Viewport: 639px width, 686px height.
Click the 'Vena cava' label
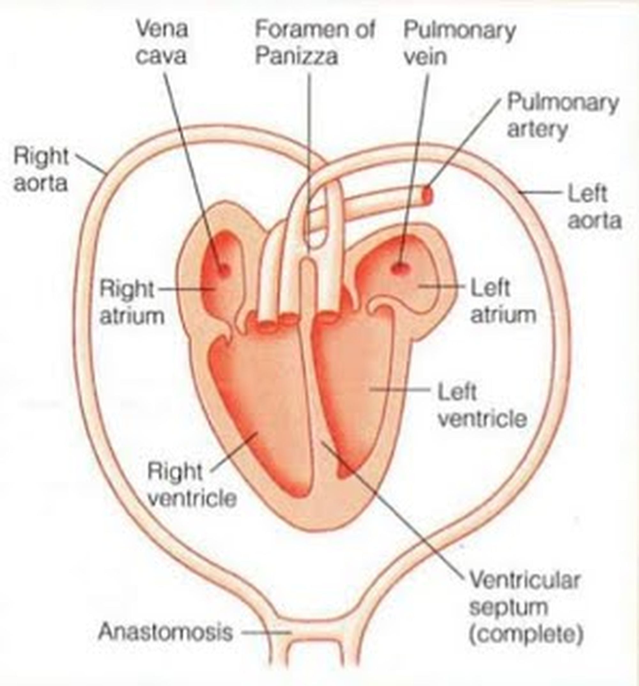point(162,42)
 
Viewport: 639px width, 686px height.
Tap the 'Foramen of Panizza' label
point(314,42)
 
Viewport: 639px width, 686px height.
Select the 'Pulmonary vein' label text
point(459,42)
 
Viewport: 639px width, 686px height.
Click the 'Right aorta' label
point(41,169)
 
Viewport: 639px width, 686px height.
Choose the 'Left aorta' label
point(594,207)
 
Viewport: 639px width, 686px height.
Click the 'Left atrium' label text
point(502,301)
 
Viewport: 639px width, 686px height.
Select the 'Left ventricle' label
point(481,406)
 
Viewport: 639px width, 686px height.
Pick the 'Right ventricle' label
point(192,485)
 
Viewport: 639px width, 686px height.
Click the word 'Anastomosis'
point(166,632)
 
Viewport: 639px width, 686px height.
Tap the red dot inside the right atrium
point(224,269)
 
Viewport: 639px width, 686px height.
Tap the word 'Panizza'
point(296,56)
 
